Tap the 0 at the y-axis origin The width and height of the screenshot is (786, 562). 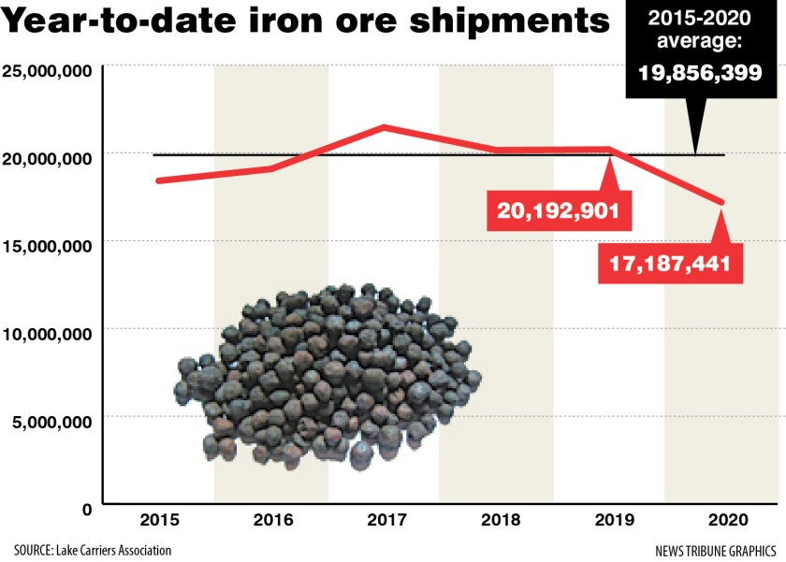(86, 509)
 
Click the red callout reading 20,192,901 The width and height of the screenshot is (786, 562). (559, 210)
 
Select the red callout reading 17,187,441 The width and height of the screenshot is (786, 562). (670, 265)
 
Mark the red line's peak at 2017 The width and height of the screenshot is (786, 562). (384, 127)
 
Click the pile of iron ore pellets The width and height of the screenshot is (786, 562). (327, 374)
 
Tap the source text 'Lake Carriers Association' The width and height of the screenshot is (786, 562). (94, 550)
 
